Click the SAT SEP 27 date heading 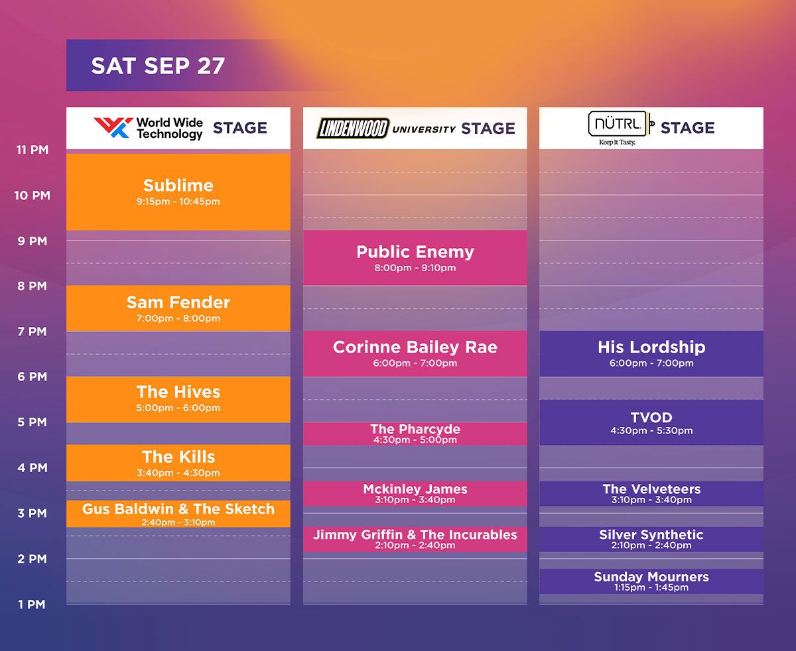click(158, 66)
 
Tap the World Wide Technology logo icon click(113, 127)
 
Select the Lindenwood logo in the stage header click(352, 128)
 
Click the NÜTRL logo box click(618, 123)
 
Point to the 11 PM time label click(33, 150)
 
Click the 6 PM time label click(33, 377)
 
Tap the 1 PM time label click(32, 604)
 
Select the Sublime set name click(178, 186)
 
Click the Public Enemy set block click(415, 258)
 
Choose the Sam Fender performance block click(178, 308)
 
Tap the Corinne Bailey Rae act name click(415, 347)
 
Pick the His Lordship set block click(651, 354)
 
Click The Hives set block click(178, 400)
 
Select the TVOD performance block click(651, 422)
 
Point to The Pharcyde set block click(415, 434)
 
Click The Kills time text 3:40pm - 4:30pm click(178, 473)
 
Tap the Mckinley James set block click(415, 493)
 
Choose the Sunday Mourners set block click(651, 581)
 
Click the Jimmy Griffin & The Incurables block click(415, 540)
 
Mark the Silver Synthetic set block click(651, 540)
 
